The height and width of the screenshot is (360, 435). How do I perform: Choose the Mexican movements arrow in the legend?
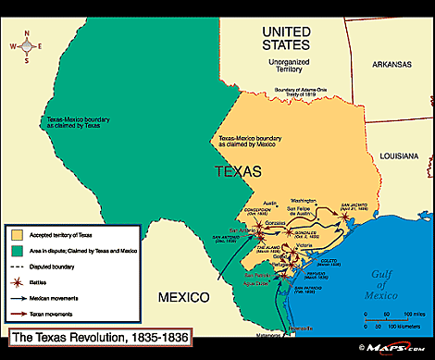coord(18,290)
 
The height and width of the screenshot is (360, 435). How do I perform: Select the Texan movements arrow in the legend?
coord(18,304)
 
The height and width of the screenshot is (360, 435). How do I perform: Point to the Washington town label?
coord(303,200)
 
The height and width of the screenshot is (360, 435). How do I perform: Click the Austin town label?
coord(271,203)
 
